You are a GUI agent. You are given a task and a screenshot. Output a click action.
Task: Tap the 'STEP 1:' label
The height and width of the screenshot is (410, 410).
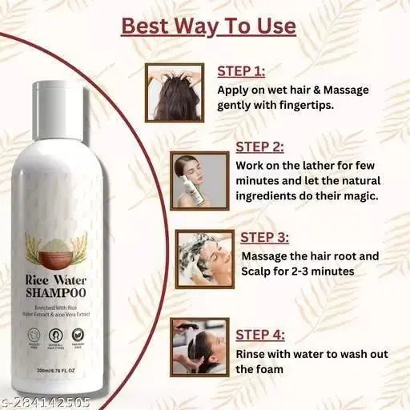pyautogui.click(x=242, y=70)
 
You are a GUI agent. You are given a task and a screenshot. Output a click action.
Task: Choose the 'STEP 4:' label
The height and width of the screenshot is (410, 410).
pyautogui.click(x=260, y=335)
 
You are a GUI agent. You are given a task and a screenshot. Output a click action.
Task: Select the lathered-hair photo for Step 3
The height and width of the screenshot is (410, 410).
pyautogui.click(x=204, y=258)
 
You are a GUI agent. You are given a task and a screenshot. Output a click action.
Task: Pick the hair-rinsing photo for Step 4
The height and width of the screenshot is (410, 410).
pyautogui.click(x=200, y=346)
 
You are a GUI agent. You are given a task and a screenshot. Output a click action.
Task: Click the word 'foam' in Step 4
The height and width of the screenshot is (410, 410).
pyautogui.click(x=258, y=369)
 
